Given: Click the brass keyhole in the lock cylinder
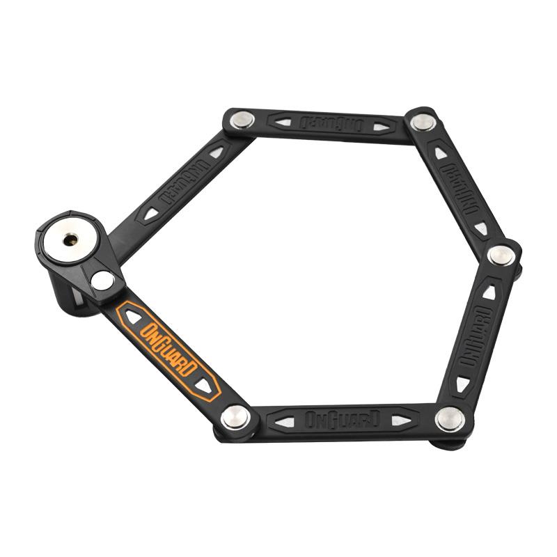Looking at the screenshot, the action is coord(70,240).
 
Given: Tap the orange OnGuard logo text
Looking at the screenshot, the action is coord(168,350).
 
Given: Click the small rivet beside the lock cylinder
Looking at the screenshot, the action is coord(102,281).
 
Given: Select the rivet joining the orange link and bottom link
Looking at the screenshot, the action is coord(235,417).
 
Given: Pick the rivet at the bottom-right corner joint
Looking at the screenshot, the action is coord(450,419).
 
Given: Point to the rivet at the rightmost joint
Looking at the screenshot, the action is coord(501,256).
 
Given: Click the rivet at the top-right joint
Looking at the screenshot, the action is coord(423,123).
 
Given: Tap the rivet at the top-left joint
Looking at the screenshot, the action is coord(242,120).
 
